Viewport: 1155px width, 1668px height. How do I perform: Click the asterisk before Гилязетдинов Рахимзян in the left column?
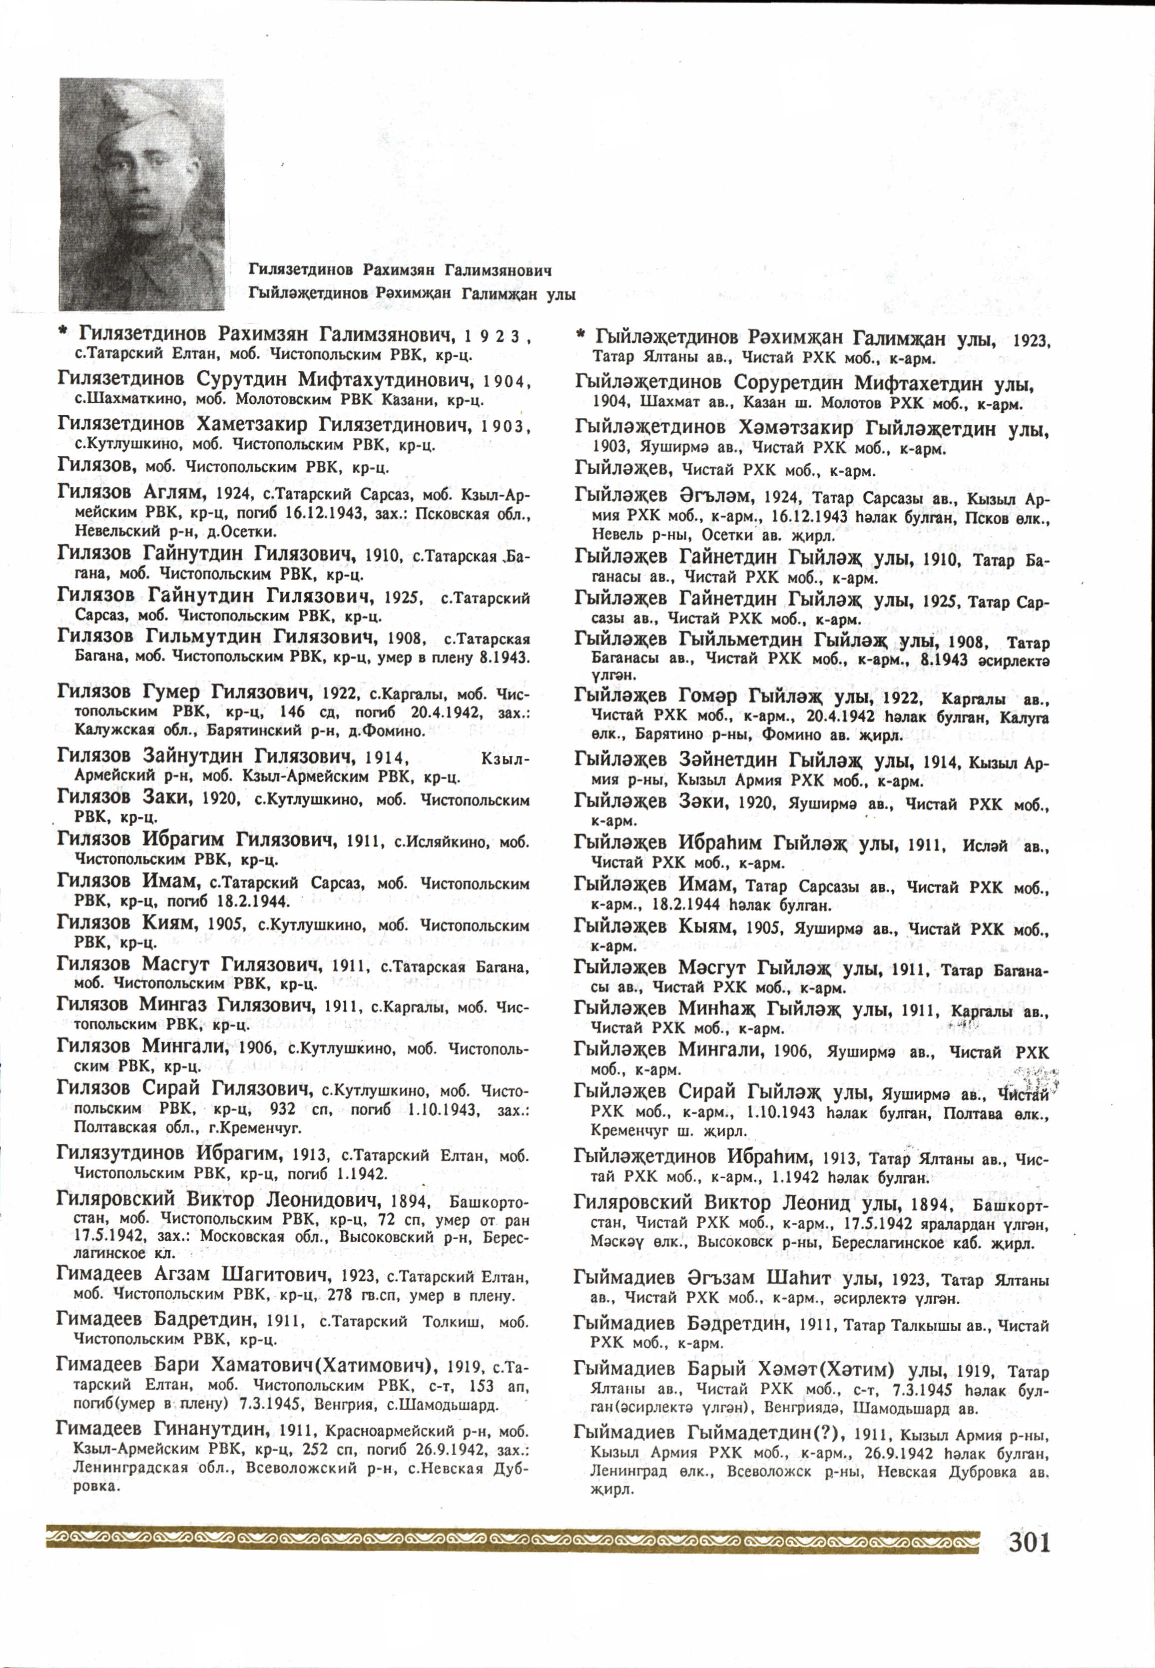(x=63, y=332)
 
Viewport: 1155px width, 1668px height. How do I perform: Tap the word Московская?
(x=242, y=1237)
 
